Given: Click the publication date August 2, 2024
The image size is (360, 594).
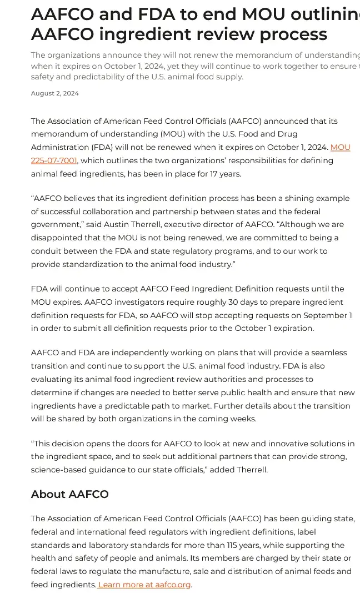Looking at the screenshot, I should [55, 93].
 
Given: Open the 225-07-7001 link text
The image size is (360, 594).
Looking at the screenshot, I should [54, 161].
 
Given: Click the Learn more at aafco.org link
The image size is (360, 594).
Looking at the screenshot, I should [144, 585].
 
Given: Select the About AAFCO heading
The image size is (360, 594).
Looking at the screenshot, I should [69, 494].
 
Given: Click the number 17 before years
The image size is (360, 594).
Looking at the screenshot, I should [211, 174].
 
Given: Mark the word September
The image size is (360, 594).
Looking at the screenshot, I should [322, 315].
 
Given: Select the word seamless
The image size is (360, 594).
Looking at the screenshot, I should [328, 353].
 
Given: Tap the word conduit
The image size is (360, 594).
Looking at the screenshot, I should [47, 251].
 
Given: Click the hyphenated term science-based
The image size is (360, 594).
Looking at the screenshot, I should [61, 470].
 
